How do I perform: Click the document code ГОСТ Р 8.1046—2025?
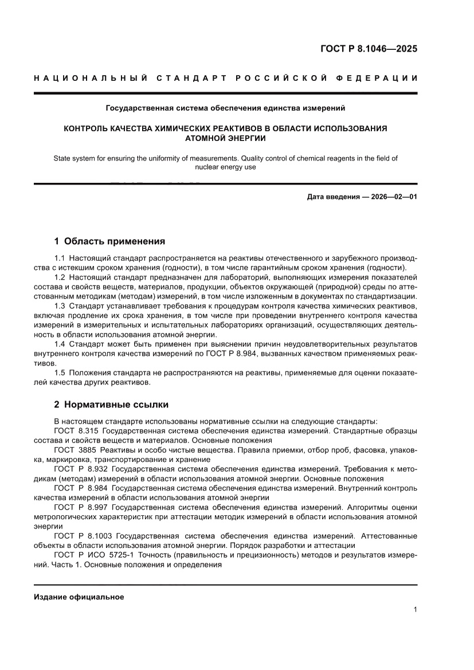click(369, 49)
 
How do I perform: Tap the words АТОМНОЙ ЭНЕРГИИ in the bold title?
click(225, 138)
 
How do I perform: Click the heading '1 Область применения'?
click(109, 241)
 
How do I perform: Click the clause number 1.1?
click(60, 258)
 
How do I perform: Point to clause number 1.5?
click(60, 373)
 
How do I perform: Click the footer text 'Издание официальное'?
click(79, 597)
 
